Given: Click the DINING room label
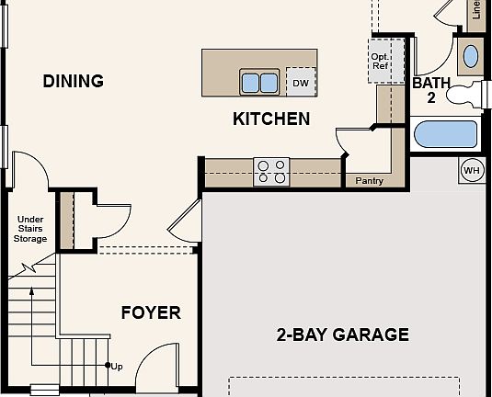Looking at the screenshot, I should click(x=73, y=81).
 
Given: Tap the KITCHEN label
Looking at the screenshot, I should click(x=270, y=119).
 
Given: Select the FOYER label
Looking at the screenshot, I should click(x=151, y=312).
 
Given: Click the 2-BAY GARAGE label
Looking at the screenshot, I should click(x=342, y=335).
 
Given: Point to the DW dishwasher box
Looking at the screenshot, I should click(x=300, y=83).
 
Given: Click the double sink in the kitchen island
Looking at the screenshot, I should click(x=259, y=83).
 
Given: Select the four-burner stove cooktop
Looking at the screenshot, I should click(x=271, y=172).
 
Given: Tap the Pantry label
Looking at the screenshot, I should click(x=369, y=181).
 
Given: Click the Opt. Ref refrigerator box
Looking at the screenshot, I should click(x=380, y=61).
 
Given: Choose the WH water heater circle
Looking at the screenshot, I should click(x=471, y=171).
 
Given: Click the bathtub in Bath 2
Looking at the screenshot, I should click(x=446, y=135).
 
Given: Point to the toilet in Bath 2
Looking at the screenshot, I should click(x=466, y=92).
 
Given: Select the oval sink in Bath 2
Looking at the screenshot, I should click(x=470, y=55).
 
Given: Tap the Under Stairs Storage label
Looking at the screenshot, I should click(x=30, y=229).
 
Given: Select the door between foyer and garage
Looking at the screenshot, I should click(x=185, y=224).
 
